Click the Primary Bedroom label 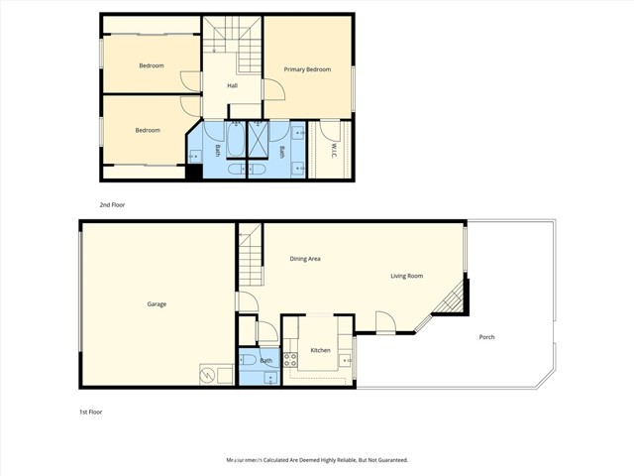click(x=307, y=69)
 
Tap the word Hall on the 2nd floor click(x=232, y=85)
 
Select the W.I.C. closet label click(x=335, y=151)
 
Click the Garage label click(x=157, y=303)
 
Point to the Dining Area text click(x=305, y=259)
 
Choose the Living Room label click(x=406, y=276)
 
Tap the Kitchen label click(x=320, y=350)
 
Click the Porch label click(x=486, y=337)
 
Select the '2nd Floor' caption click(x=112, y=204)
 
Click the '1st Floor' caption click(x=91, y=411)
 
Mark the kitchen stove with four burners click(x=291, y=360)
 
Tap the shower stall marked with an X click(x=257, y=138)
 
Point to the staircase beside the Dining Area click(x=250, y=254)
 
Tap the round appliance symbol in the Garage click(x=208, y=375)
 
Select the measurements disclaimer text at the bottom click(x=316, y=460)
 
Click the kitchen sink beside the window click(x=344, y=347)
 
